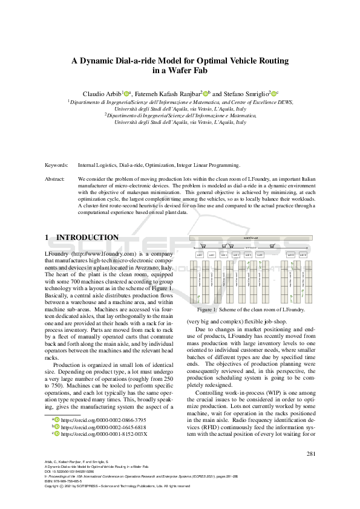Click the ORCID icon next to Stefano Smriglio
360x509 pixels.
coord(273,94)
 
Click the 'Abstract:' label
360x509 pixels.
coord(57,180)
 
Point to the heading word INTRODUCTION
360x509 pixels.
coord(87,238)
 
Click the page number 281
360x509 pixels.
coord(312,453)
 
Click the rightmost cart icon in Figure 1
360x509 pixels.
coord(273,245)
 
